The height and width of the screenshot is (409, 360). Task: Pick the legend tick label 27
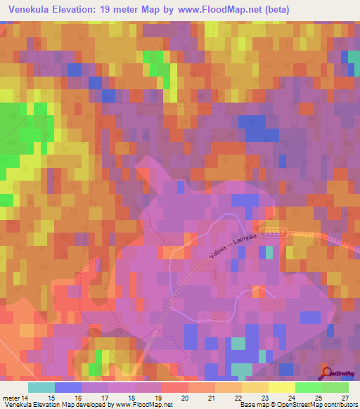(x=345, y=397)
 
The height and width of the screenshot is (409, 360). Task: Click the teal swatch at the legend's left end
(x=41, y=387)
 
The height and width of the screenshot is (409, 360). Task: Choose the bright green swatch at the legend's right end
(x=335, y=387)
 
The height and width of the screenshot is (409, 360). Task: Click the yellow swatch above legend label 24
(x=281, y=387)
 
